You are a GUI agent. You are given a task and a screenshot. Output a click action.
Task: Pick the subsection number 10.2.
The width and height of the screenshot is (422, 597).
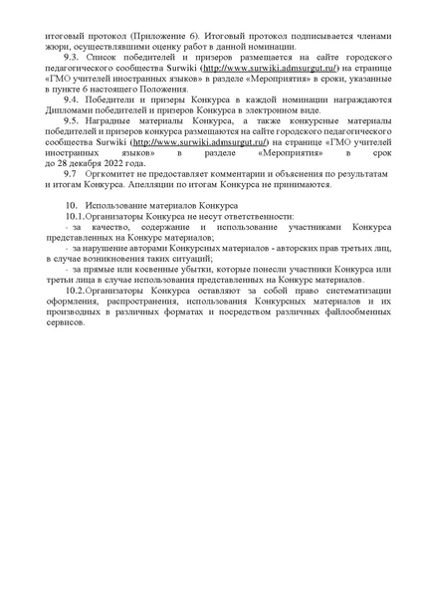tap(73, 291)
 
